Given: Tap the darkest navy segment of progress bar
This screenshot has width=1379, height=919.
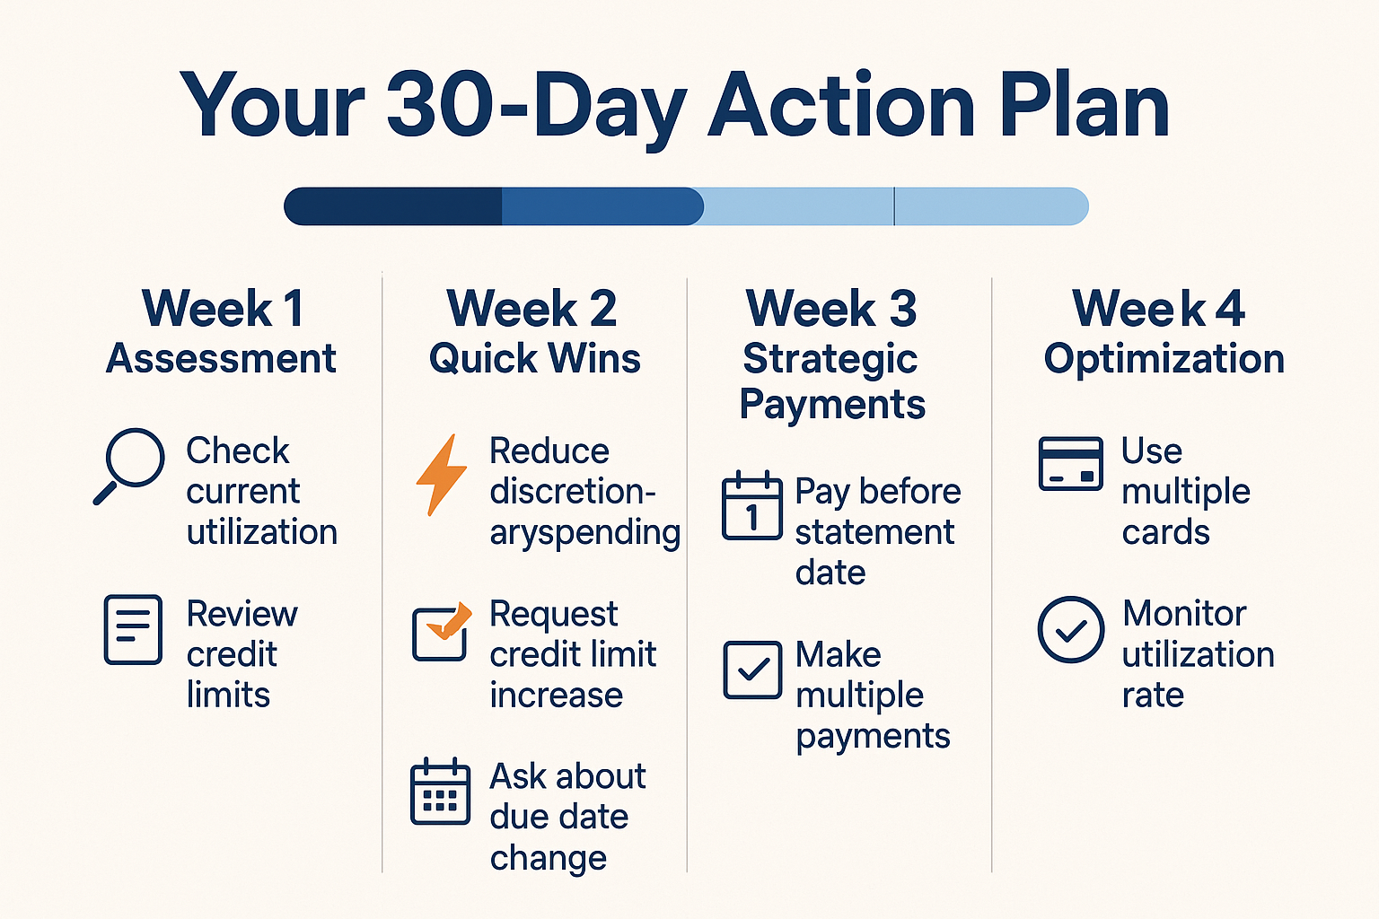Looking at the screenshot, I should [393, 206].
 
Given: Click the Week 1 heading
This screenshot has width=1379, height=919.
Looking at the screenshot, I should [223, 309].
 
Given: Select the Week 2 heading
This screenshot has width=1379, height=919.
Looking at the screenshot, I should [532, 309].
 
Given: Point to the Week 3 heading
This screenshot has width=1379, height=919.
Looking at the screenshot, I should [831, 309].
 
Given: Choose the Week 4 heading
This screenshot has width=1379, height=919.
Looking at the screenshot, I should [1158, 309].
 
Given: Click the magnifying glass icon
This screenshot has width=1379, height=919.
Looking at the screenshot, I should [130, 465].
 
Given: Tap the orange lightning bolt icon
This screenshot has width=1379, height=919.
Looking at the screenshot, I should [442, 475].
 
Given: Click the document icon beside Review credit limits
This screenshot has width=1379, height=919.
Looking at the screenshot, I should [133, 630].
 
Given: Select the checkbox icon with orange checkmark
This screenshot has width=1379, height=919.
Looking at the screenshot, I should [441, 632].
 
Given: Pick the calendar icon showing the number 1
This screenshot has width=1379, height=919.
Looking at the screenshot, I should [751, 505].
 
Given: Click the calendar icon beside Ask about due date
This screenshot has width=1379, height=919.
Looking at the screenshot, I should [440, 792].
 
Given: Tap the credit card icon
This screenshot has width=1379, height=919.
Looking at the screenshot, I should [1070, 464].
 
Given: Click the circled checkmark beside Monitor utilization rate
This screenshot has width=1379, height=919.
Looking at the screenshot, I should [1071, 630].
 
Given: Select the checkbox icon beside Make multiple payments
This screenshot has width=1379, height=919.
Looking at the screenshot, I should [752, 670].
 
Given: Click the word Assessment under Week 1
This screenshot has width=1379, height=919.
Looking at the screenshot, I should [221, 359].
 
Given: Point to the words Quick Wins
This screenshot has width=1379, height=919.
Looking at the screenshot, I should [535, 359].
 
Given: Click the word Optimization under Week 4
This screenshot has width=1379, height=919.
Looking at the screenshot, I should [1164, 359].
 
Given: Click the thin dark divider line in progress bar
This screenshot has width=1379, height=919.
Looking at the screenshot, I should [894, 206].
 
